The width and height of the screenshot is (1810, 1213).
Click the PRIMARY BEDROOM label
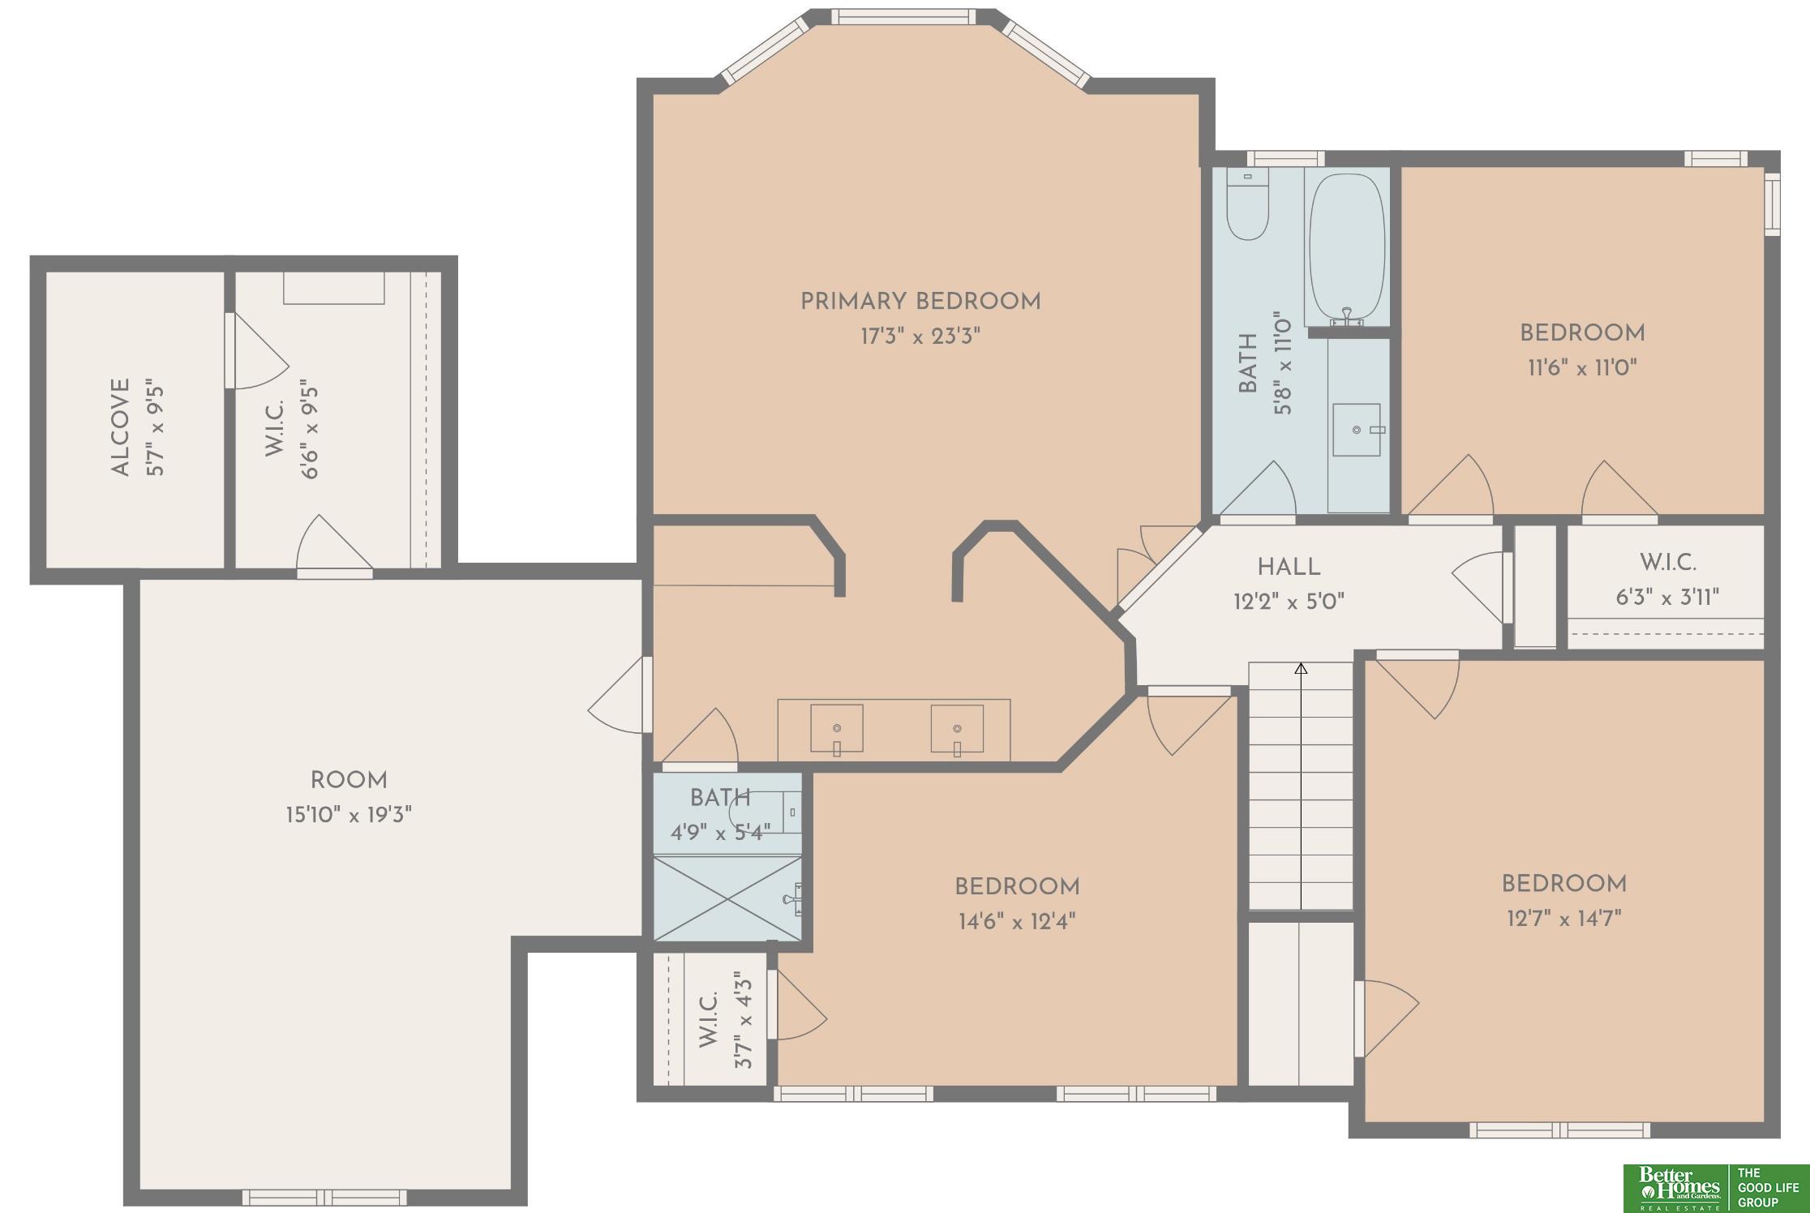click(x=920, y=302)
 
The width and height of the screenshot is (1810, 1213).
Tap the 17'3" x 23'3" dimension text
click(x=920, y=336)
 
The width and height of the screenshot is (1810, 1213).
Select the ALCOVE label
click(x=120, y=427)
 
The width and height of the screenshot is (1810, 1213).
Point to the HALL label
click(x=1289, y=567)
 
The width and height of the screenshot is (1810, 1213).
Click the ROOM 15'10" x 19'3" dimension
click(x=349, y=814)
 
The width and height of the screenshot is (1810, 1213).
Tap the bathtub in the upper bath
click(x=1347, y=249)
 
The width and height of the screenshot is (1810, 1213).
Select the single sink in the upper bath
click(x=1357, y=430)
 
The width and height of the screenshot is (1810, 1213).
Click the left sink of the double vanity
click(x=837, y=729)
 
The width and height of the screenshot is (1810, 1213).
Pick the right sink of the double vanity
click(x=957, y=729)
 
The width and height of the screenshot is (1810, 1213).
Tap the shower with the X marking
click(x=727, y=898)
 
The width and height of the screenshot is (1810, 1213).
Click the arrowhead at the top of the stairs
click(x=1301, y=668)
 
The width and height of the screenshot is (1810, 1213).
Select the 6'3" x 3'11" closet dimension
click(x=1667, y=598)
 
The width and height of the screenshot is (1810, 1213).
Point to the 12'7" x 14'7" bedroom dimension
click(x=1564, y=918)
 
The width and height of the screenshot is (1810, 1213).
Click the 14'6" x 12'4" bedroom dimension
click(x=1017, y=921)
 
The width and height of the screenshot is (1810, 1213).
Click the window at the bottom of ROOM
click(x=324, y=1198)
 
